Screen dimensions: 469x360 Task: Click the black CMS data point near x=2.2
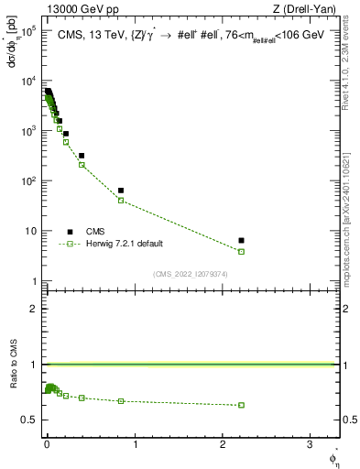[x=241, y=240]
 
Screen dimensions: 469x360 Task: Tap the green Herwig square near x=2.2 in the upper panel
[x=241, y=251]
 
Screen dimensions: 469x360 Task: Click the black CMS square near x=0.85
[x=121, y=191]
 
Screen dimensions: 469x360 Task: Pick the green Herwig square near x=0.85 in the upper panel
[x=121, y=201]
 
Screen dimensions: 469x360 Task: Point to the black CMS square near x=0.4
[x=82, y=156]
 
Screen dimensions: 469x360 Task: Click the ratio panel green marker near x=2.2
[x=241, y=405]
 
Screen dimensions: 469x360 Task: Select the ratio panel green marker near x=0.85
[x=121, y=401]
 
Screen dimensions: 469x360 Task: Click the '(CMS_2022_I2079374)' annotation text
[x=190, y=273]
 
